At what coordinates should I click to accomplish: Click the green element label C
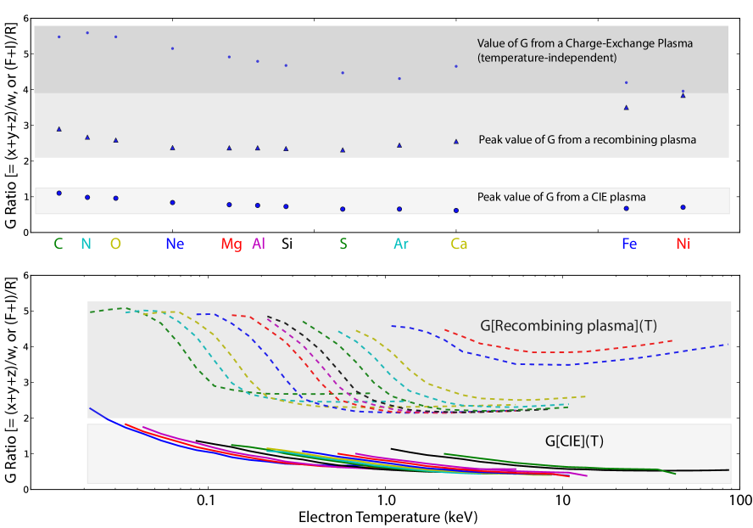(58, 244)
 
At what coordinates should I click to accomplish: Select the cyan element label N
(86, 244)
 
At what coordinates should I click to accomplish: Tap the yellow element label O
(115, 244)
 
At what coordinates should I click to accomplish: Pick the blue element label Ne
(175, 244)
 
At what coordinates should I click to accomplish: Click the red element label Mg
(231, 244)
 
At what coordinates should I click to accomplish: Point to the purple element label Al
(259, 244)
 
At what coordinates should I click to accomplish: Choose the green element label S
(343, 244)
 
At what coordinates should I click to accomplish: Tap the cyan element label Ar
(401, 244)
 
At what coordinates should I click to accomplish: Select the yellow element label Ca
(459, 244)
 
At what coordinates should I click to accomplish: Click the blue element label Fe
(628, 244)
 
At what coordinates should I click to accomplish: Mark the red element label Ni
(683, 244)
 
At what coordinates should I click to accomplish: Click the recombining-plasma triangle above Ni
(683, 96)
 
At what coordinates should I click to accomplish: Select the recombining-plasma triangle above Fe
(626, 108)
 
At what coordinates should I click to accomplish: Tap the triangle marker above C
(59, 129)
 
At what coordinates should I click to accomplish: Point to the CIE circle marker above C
(59, 194)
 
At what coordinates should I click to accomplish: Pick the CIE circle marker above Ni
(683, 207)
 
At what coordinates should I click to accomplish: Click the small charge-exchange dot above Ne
(172, 48)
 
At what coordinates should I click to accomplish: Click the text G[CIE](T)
(574, 441)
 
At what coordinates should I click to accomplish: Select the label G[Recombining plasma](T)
(568, 325)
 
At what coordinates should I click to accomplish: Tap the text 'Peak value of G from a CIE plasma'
(561, 197)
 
